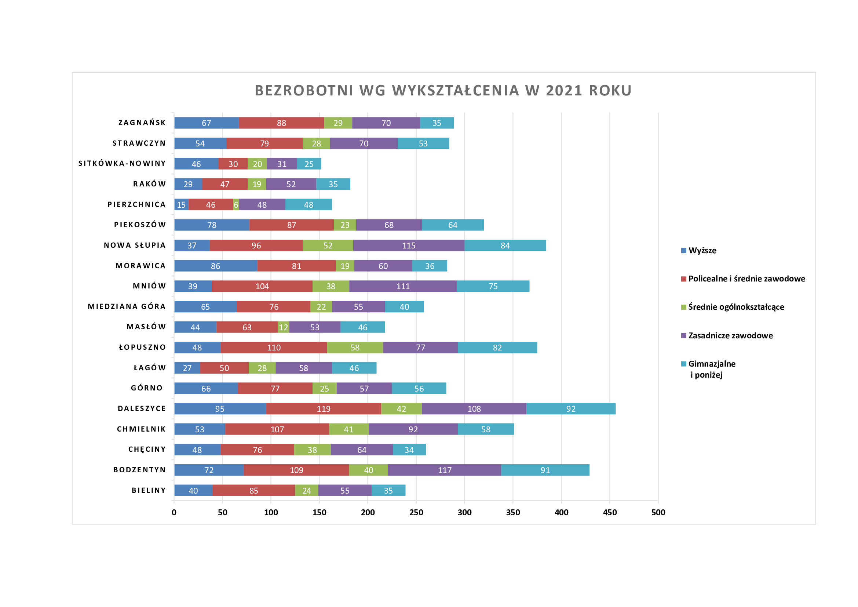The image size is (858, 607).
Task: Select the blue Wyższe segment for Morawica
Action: [216, 266]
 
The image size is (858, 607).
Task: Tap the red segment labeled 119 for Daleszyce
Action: [323, 408]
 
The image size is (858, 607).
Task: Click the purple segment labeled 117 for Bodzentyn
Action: [444, 470]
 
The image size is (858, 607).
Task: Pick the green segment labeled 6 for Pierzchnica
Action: [236, 204]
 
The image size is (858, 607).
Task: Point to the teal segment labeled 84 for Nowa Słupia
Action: [505, 245]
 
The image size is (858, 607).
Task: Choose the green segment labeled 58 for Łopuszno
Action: [355, 347]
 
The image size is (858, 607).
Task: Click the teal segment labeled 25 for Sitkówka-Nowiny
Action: [308, 164]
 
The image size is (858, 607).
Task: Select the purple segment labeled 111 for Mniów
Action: [403, 286]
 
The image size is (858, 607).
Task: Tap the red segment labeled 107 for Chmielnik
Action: [277, 429]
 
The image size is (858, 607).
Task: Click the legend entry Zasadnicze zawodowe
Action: [730, 336]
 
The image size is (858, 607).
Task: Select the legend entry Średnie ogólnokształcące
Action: [736, 307]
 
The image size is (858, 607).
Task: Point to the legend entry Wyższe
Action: [702, 250]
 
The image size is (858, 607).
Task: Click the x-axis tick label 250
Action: [416, 512]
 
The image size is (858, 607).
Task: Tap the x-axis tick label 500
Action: [658, 512]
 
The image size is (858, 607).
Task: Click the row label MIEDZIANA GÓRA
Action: [127, 306]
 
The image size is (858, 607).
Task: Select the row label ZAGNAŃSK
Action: [142, 123]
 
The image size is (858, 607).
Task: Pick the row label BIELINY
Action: [149, 490]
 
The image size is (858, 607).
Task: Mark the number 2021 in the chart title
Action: [564, 91]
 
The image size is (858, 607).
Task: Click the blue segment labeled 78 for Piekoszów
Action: [212, 225]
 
